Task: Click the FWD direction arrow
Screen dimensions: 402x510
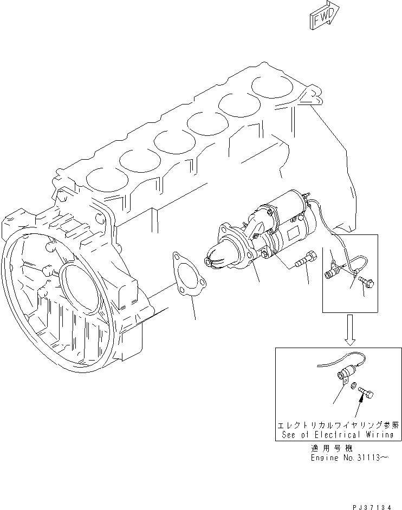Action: [325, 14]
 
